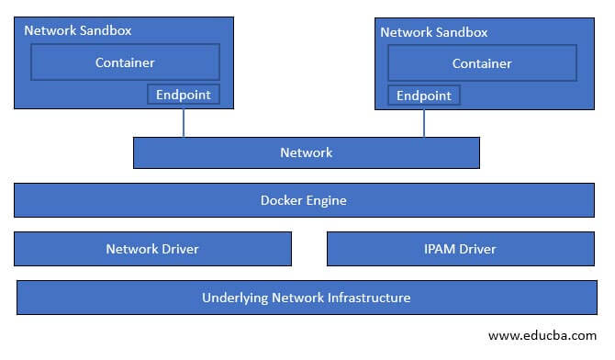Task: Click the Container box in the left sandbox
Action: tap(126, 62)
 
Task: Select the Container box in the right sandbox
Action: tap(482, 63)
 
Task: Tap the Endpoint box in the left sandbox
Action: tap(184, 94)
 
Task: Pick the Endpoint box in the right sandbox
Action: tap(423, 96)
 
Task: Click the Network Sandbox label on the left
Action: tap(78, 29)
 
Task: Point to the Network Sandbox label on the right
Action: tap(433, 32)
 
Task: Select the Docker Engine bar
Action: tap(304, 199)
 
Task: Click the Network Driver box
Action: tap(152, 248)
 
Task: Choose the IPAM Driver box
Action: tap(461, 248)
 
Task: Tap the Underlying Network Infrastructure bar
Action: tap(307, 298)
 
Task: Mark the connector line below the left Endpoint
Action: tap(184, 123)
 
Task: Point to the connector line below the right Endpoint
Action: tap(424, 123)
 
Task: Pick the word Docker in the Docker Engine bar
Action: tap(282, 199)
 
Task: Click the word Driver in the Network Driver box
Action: tap(179, 248)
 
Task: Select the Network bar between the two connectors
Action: tap(307, 152)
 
